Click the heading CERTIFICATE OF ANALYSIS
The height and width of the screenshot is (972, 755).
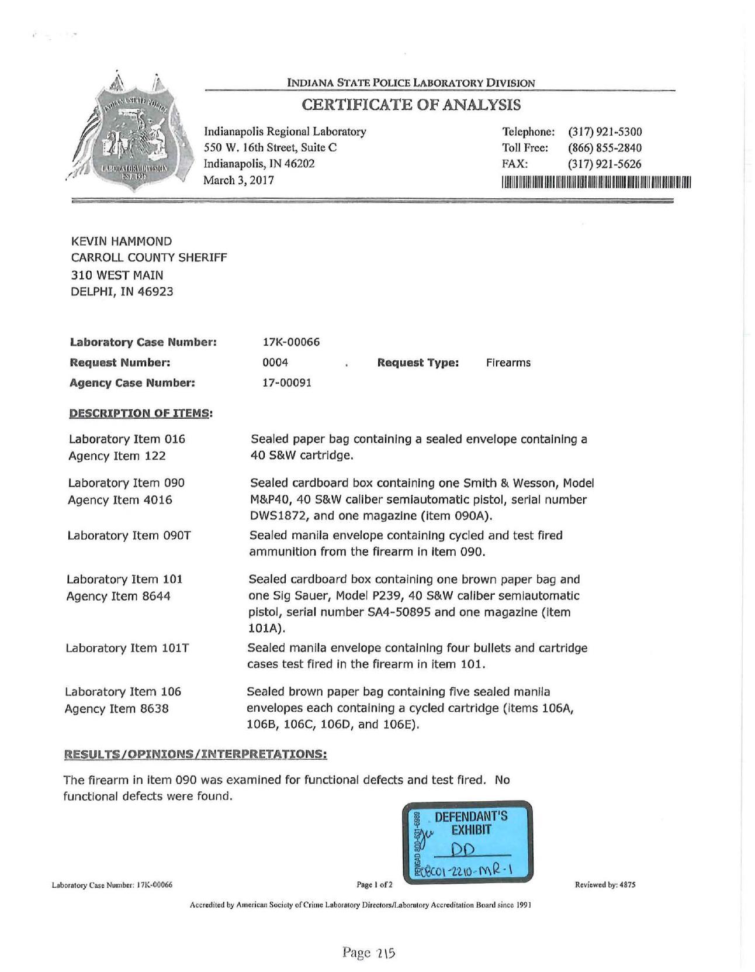point(411,105)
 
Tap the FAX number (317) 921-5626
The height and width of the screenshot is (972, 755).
point(604,164)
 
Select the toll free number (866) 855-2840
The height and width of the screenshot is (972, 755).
point(604,148)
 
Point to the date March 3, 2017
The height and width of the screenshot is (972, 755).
point(238,180)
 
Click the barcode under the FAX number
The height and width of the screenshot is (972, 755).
point(595,182)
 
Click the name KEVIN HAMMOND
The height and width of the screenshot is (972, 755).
point(122,241)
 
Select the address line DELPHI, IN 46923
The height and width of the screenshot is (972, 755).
point(122,291)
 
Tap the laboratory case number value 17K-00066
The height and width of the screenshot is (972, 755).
point(292,342)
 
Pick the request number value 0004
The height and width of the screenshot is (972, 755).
point(275,363)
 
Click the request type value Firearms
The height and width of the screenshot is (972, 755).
point(508,363)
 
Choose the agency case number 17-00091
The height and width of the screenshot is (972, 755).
point(287,383)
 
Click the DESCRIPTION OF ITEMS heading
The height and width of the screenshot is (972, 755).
point(140,413)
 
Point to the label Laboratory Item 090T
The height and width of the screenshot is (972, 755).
point(129,536)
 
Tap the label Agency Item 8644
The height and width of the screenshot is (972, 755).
point(119,597)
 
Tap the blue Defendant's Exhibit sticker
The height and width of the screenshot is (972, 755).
point(467,841)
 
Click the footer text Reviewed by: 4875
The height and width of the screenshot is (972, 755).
point(605,885)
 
